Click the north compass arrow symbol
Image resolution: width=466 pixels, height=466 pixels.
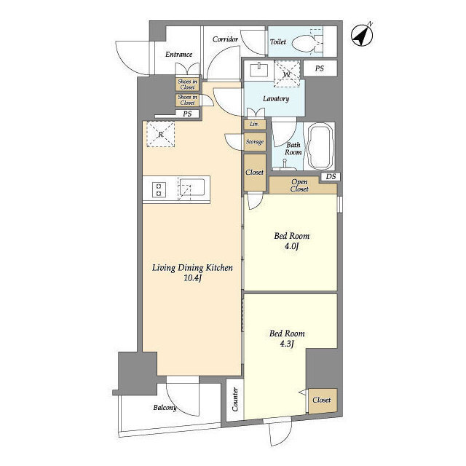coord(362,35)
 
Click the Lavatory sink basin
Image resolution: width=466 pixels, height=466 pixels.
coord(258,70)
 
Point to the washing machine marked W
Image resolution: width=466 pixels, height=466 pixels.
coord(287,74)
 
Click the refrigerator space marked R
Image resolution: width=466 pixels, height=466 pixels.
coord(160,134)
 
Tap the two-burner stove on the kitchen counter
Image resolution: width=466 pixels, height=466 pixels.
coord(159,190)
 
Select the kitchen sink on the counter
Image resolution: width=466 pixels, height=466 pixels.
coord(192,187)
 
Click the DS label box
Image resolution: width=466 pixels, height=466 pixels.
coord(331,176)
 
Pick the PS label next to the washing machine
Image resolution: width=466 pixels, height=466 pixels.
coord(319,68)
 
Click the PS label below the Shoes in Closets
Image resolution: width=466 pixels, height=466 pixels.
coord(187,114)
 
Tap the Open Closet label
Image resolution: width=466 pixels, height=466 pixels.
coord(299,185)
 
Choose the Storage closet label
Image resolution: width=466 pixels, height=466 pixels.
coord(255,142)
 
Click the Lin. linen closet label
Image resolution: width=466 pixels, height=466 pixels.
coord(254,124)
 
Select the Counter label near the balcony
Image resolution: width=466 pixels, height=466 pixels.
coord(234,399)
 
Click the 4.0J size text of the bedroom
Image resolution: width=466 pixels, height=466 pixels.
coord(291,246)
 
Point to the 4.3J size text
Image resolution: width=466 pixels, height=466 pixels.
coord(287,344)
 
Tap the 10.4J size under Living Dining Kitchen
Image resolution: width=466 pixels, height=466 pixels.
coord(192,278)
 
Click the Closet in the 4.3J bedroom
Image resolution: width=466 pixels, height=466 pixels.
coord(322,400)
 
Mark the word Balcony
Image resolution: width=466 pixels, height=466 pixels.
coord(165,408)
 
